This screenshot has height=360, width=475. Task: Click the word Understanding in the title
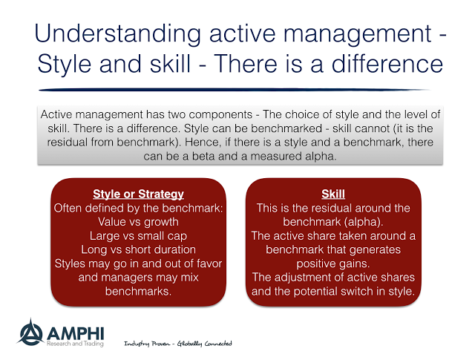(x=118, y=34)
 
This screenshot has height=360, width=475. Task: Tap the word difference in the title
(x=387, y=63)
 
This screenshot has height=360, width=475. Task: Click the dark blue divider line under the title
(x=235, y=90)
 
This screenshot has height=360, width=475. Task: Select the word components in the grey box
(x=220, y=115)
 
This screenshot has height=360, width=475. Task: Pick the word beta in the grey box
(x=203, y=157)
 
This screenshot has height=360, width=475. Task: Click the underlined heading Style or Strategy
(x=138, y=194)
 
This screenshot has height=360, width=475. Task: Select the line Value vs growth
(x=138, y=222)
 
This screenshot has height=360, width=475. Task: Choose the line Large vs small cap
(x=138, y=236)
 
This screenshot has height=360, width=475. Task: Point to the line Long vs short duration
(x=138, y=249)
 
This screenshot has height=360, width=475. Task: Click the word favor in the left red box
(x=209, y=264)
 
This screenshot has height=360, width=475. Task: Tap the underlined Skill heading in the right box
(x=333, y=194)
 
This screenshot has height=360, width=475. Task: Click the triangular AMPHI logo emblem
(x=30, y=333)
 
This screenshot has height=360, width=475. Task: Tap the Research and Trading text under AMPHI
(x=75, y=344)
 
